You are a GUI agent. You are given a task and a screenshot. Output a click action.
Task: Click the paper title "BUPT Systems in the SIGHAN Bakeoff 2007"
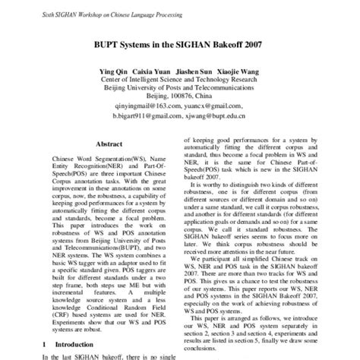pyautogui.click(x=179, y=45)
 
